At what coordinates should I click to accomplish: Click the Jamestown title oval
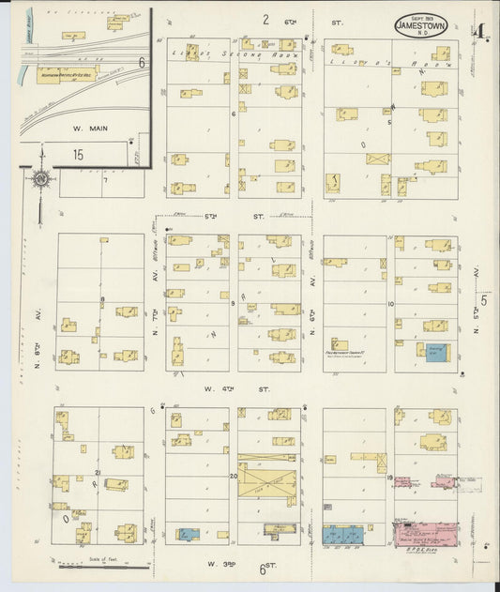tap(421, 25)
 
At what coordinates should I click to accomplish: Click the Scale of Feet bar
tap(104, 566)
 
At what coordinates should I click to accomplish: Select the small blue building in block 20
tap(187, 534)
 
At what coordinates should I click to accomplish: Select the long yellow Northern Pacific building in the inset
tap(67, 71)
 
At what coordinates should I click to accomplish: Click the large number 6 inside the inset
tap(141, 63)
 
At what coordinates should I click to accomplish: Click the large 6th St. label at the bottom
tap(267, 569)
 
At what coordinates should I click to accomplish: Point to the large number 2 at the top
tap(265, 20)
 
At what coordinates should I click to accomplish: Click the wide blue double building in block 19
tap(343, 535)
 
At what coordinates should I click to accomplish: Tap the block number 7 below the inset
tap(106, 181)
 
